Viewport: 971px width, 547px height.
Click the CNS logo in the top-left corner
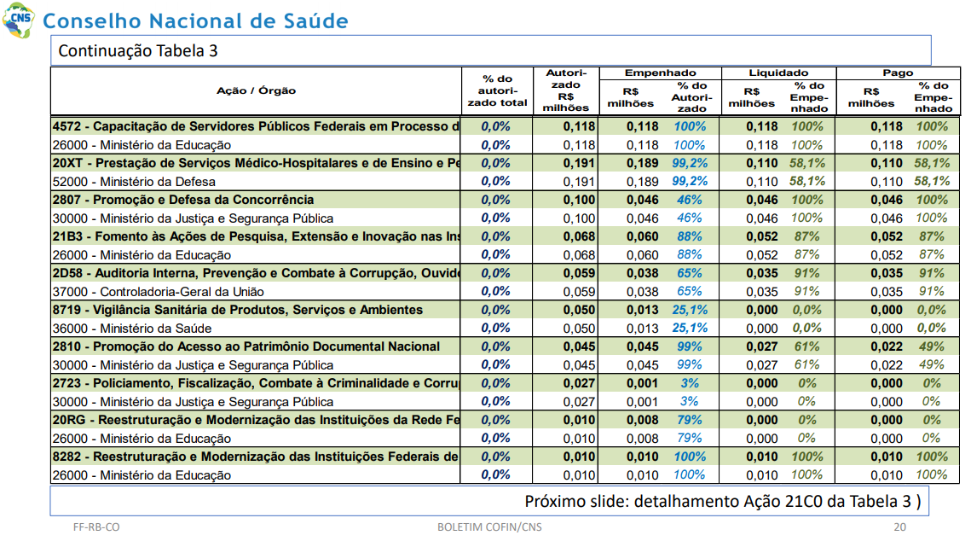pyautogui.click(x=19, y=20)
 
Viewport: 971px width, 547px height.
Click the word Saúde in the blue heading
pyautogui.click(x=315, y=21)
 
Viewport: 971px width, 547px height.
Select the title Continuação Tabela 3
pyautogui.click(x=138, y=51)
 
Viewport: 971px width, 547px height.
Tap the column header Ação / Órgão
pyautogui.click(x=256, y=90)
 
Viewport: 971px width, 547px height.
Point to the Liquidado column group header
pyautogui.click(x=778, y=73)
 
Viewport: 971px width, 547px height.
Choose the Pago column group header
pyautogui.click(x=898, y=73)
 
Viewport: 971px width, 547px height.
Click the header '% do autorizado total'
pyautogui.click(x=497, y=90)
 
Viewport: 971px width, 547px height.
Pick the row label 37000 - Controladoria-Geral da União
pyautogui.click(x=158, y=292)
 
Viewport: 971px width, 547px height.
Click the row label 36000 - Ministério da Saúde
pyautogui.click(x=132, y=329)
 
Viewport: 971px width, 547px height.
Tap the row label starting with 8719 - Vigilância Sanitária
pyautogui.click(x=238, y=310)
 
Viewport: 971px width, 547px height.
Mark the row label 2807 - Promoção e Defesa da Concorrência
pyautogui.click(x=183, y=200)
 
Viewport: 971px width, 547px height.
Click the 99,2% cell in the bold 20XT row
pyautogui.click(x=690, y=163)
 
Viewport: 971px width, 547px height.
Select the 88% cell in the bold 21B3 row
pyautogui.click(x=689, y=236)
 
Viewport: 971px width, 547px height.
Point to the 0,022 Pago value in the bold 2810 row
pyautogui.click(x=886, y=346)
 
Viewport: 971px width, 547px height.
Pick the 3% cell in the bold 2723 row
pyautogui.click(x=689, y=383)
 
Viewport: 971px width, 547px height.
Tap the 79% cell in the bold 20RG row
pyautogui.click(x=689, y=420)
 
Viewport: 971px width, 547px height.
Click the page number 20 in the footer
pyautogui.click(x=899, y=527)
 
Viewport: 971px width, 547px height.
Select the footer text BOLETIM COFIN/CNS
pyautogui.click(x=489, y=527)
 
